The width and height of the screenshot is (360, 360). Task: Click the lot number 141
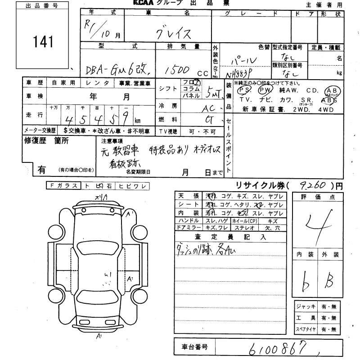(43, 42)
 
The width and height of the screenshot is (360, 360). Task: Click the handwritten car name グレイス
(173, 33)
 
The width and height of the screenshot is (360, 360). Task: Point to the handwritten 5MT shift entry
(212, 94)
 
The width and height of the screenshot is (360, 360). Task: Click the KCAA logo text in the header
(143, 3)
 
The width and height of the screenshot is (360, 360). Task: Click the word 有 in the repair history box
(41, 170)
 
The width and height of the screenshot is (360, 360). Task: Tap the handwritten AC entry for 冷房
(208, 109)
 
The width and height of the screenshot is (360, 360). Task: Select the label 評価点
(317, 197)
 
